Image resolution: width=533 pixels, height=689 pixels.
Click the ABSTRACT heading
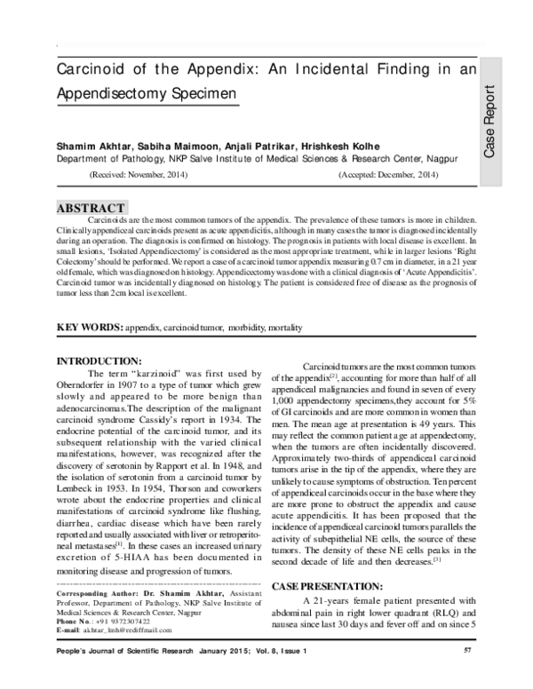coord(91,208)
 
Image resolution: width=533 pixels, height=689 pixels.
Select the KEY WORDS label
coord(89,328)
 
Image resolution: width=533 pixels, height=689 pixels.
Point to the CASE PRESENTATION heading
coord(338,587)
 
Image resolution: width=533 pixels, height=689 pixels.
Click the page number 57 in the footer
coord(467,653)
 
